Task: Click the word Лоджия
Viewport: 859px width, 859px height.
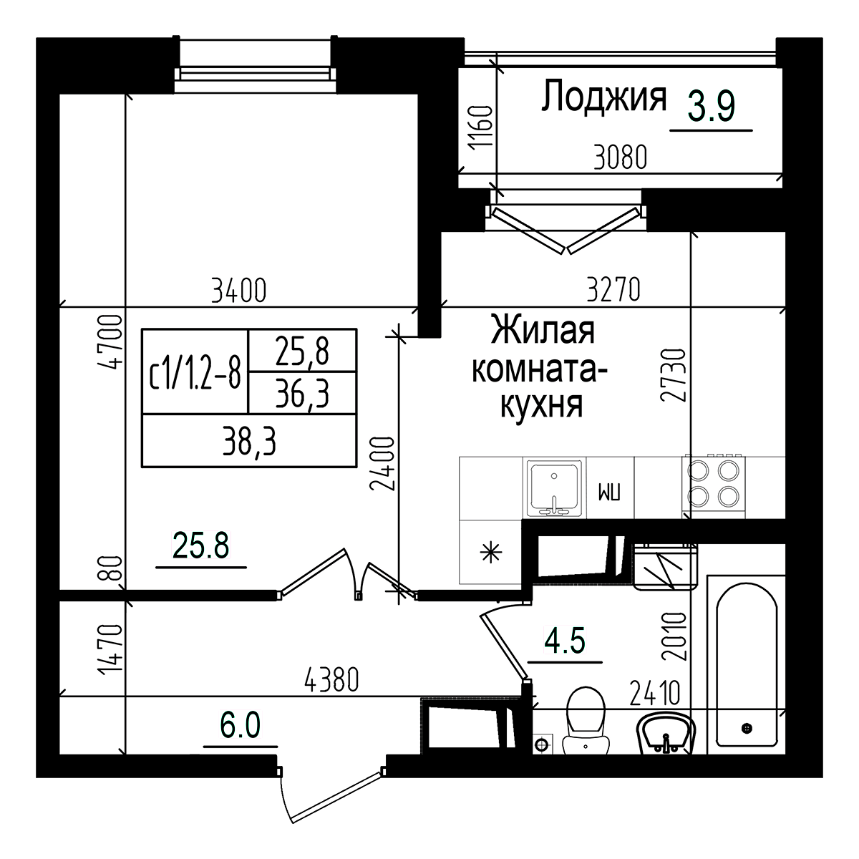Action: (x=603, y=97)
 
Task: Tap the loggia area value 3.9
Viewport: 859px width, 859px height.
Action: (x=711, y=107)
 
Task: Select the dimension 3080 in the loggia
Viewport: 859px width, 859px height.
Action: (x=620, y=157)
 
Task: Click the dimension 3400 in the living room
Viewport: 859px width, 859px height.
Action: (x=239, y=291)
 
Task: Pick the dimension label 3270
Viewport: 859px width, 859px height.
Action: (x=612, y=291)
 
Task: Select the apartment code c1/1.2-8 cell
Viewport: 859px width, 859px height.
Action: (x=195, y=372)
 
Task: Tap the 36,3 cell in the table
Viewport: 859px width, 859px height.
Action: (x=302, y=394)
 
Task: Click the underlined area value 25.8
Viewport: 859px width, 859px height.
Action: (x=200, y=547)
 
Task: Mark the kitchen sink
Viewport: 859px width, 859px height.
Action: (x=555, y=488)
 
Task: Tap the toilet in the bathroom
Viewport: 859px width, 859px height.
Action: (x=586, y=719)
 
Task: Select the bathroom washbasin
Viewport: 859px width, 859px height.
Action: (x=666, y=734)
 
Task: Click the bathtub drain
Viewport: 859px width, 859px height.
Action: (x=747, y=728)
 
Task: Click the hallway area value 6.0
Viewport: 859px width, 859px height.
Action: (x=240, y=726)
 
